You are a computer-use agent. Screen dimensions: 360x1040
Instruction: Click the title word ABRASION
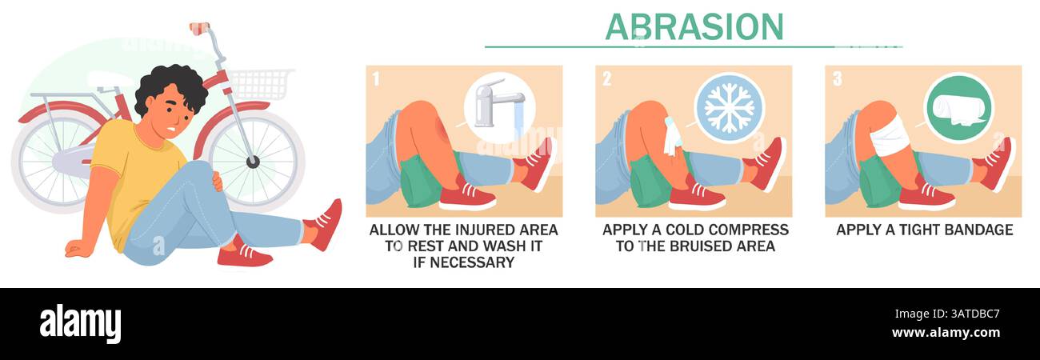pos(694,26)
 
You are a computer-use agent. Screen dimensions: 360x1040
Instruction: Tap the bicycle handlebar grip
pos(199,29)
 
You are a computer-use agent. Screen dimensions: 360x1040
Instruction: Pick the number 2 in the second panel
pos(606,79)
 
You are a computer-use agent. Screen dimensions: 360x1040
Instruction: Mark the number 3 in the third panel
pos(837,79)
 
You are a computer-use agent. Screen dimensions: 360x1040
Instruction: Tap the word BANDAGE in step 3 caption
pos(974,230)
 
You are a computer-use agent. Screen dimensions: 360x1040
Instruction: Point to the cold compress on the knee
pos(670,136)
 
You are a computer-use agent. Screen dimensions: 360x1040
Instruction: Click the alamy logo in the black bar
pos(80,323)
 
